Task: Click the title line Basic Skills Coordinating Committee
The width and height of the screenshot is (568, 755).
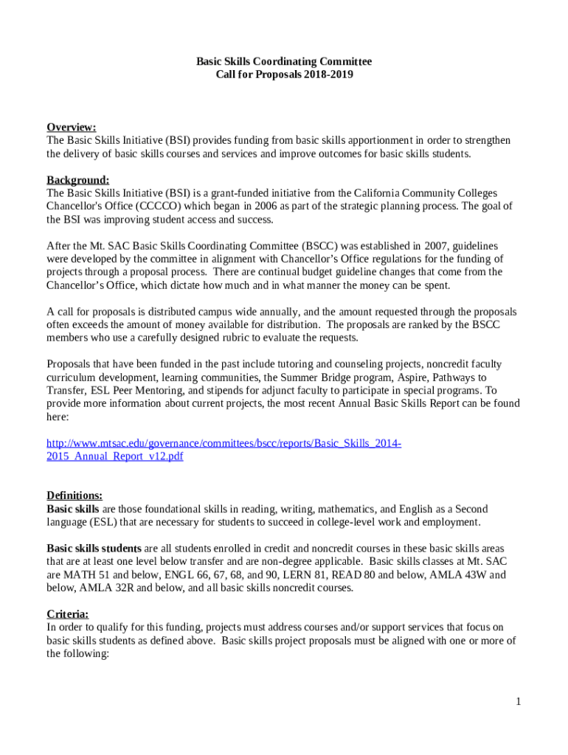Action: pos(284,61)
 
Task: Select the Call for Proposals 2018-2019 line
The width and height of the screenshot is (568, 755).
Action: pos(284,74)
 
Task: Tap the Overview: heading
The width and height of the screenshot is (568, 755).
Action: pos(72,127)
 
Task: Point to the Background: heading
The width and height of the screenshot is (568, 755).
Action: pos(78,180)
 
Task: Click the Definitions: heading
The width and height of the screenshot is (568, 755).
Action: pos(75,495)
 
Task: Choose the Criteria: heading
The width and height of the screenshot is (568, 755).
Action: pos(68,614)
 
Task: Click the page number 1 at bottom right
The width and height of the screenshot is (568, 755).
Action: pos(519,702)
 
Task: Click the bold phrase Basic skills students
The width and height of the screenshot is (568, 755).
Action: pos(94,549)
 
